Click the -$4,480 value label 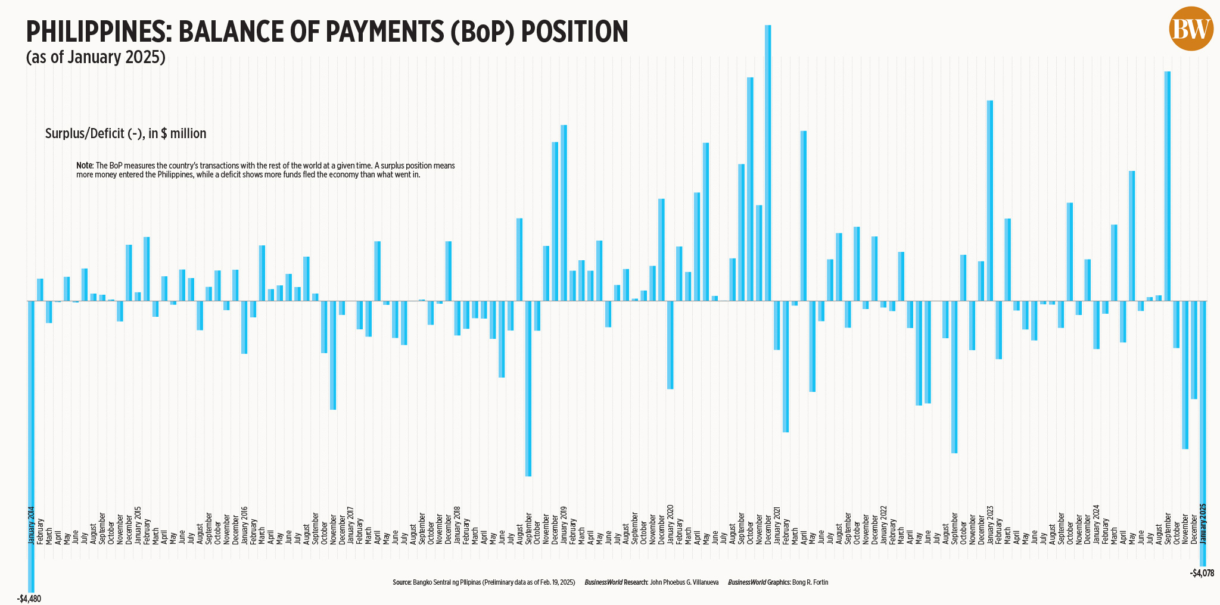point(29,598)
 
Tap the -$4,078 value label point(1202,573)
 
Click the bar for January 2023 point(990,200)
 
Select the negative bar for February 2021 point(786,366)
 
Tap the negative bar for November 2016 point(333,355)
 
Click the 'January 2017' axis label point(351,525)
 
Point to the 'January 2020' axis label point(671,525)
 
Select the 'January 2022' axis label point(883,525)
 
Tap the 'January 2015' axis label point(138,525)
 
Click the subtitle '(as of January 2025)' point(95,57)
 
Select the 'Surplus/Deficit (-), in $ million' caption point(126,133)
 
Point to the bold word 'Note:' point(85,166)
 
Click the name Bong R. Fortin point(810,582)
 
